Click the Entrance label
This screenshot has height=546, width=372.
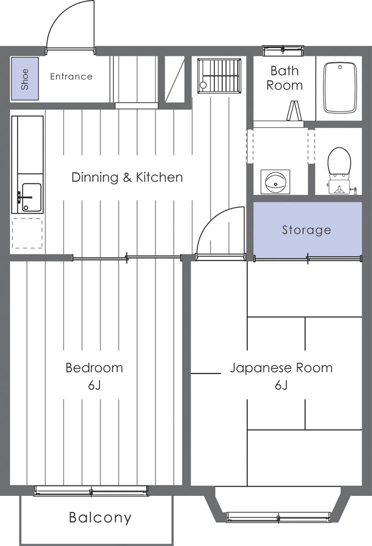coord(71,77)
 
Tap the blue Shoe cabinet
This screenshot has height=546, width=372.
coord(25,79)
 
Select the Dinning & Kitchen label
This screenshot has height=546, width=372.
coord(127,177)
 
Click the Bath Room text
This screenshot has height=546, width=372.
coord(284,78)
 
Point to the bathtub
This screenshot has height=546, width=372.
coord(340,88)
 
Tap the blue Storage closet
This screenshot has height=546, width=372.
coord(307,229)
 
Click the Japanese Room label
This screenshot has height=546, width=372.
coord(281,368)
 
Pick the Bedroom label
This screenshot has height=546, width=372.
coord(94,368)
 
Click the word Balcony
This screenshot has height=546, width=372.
coord(100,517)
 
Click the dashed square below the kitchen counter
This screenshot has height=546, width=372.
coord(27,233)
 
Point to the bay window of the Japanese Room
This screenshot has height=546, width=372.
coord(278,516)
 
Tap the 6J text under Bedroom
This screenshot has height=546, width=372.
coord(94,385)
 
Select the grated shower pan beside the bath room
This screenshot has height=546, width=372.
coord(219,76)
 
